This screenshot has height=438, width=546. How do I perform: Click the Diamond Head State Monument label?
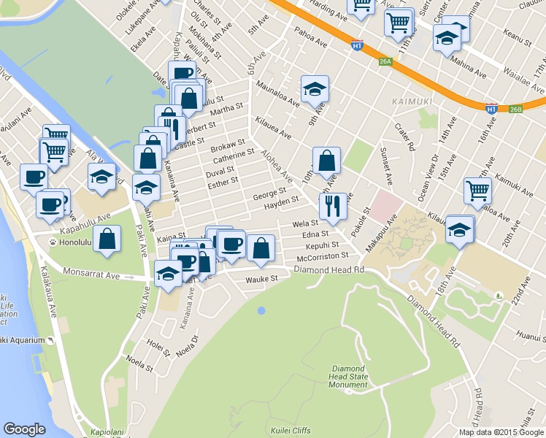[x=348, y=377]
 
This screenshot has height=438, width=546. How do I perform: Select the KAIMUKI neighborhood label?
[x=411, y=101]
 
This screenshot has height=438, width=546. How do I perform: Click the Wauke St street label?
[x=261, y=279]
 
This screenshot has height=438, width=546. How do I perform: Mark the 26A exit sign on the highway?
[x=385, y=62]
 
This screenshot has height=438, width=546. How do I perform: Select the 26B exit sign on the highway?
[x=515, y=109]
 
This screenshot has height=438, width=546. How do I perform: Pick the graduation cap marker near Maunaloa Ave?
[x=315, y=88]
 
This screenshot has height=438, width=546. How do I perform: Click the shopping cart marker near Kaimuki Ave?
[x=477, y=190]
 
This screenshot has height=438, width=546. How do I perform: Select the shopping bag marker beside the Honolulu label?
[x=107, y=239]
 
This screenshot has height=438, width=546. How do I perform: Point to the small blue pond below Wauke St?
[x=261, y=311]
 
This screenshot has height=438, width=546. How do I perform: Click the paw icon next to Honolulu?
[x=53, y=242]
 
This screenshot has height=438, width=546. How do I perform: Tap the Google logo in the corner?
[x=25, y=429]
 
